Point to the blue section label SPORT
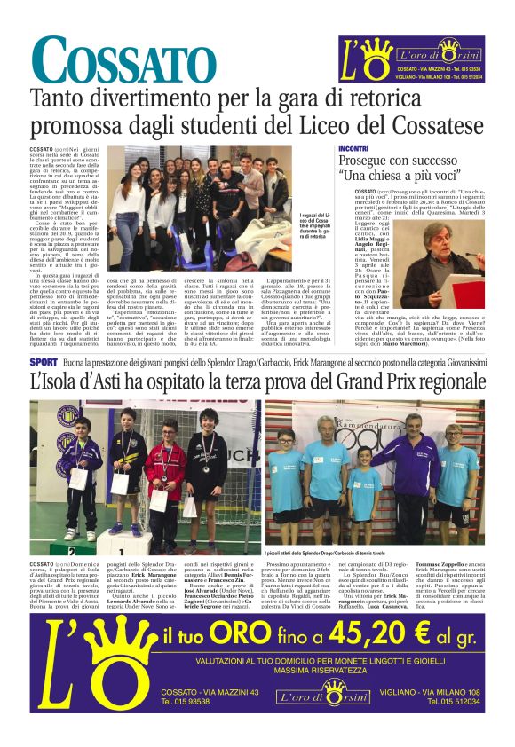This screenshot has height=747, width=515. tap(44, 362)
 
